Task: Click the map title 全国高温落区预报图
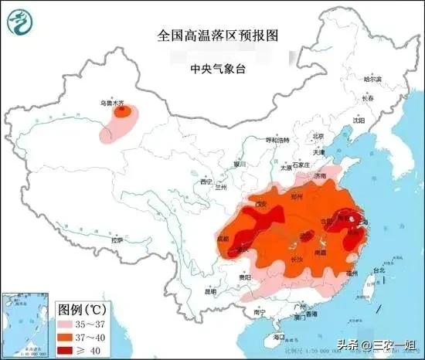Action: [212, 36]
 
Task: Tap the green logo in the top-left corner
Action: [19, 20]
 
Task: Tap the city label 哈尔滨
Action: [372, 80]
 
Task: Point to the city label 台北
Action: [379, 271]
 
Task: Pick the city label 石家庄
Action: [298, 165]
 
